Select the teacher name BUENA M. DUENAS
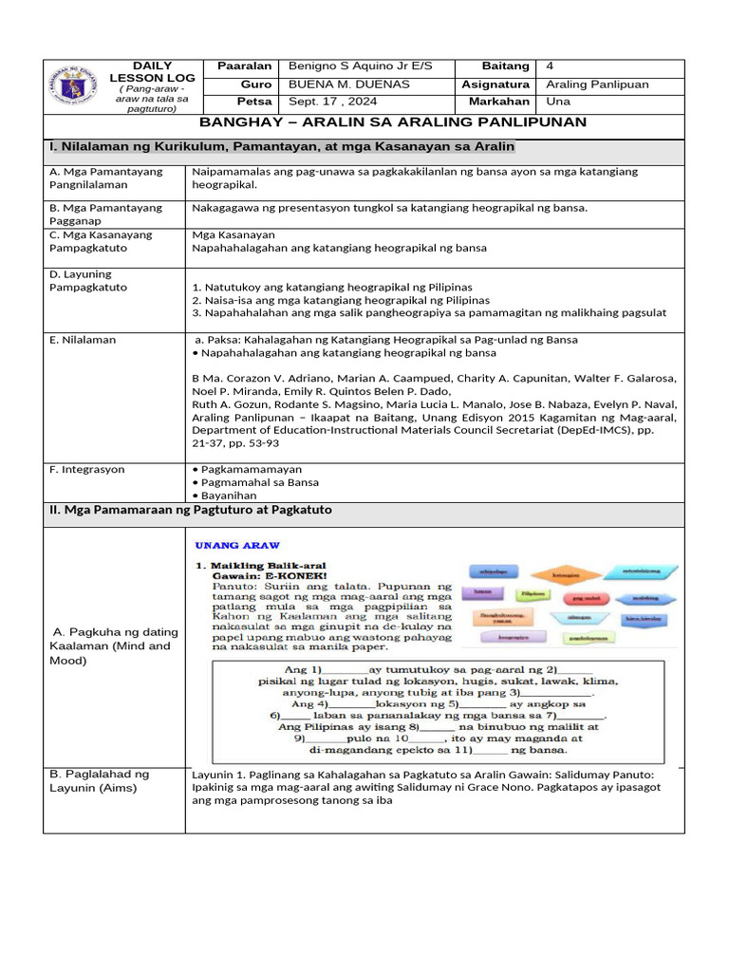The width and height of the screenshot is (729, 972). pos(337,84)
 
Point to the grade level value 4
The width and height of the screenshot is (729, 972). pos(551,66)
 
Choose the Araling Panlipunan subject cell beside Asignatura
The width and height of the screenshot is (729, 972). pos(597,84)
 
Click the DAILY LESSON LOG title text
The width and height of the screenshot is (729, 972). pos(152,71)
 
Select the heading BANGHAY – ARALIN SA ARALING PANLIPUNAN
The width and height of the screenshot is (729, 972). pos(392,122)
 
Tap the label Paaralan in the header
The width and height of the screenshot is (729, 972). pos(245,66)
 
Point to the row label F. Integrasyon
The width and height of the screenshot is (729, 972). pos(87,469)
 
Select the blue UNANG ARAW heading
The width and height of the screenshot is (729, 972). pos(237,546)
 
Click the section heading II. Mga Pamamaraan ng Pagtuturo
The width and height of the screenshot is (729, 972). pos(190,511)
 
